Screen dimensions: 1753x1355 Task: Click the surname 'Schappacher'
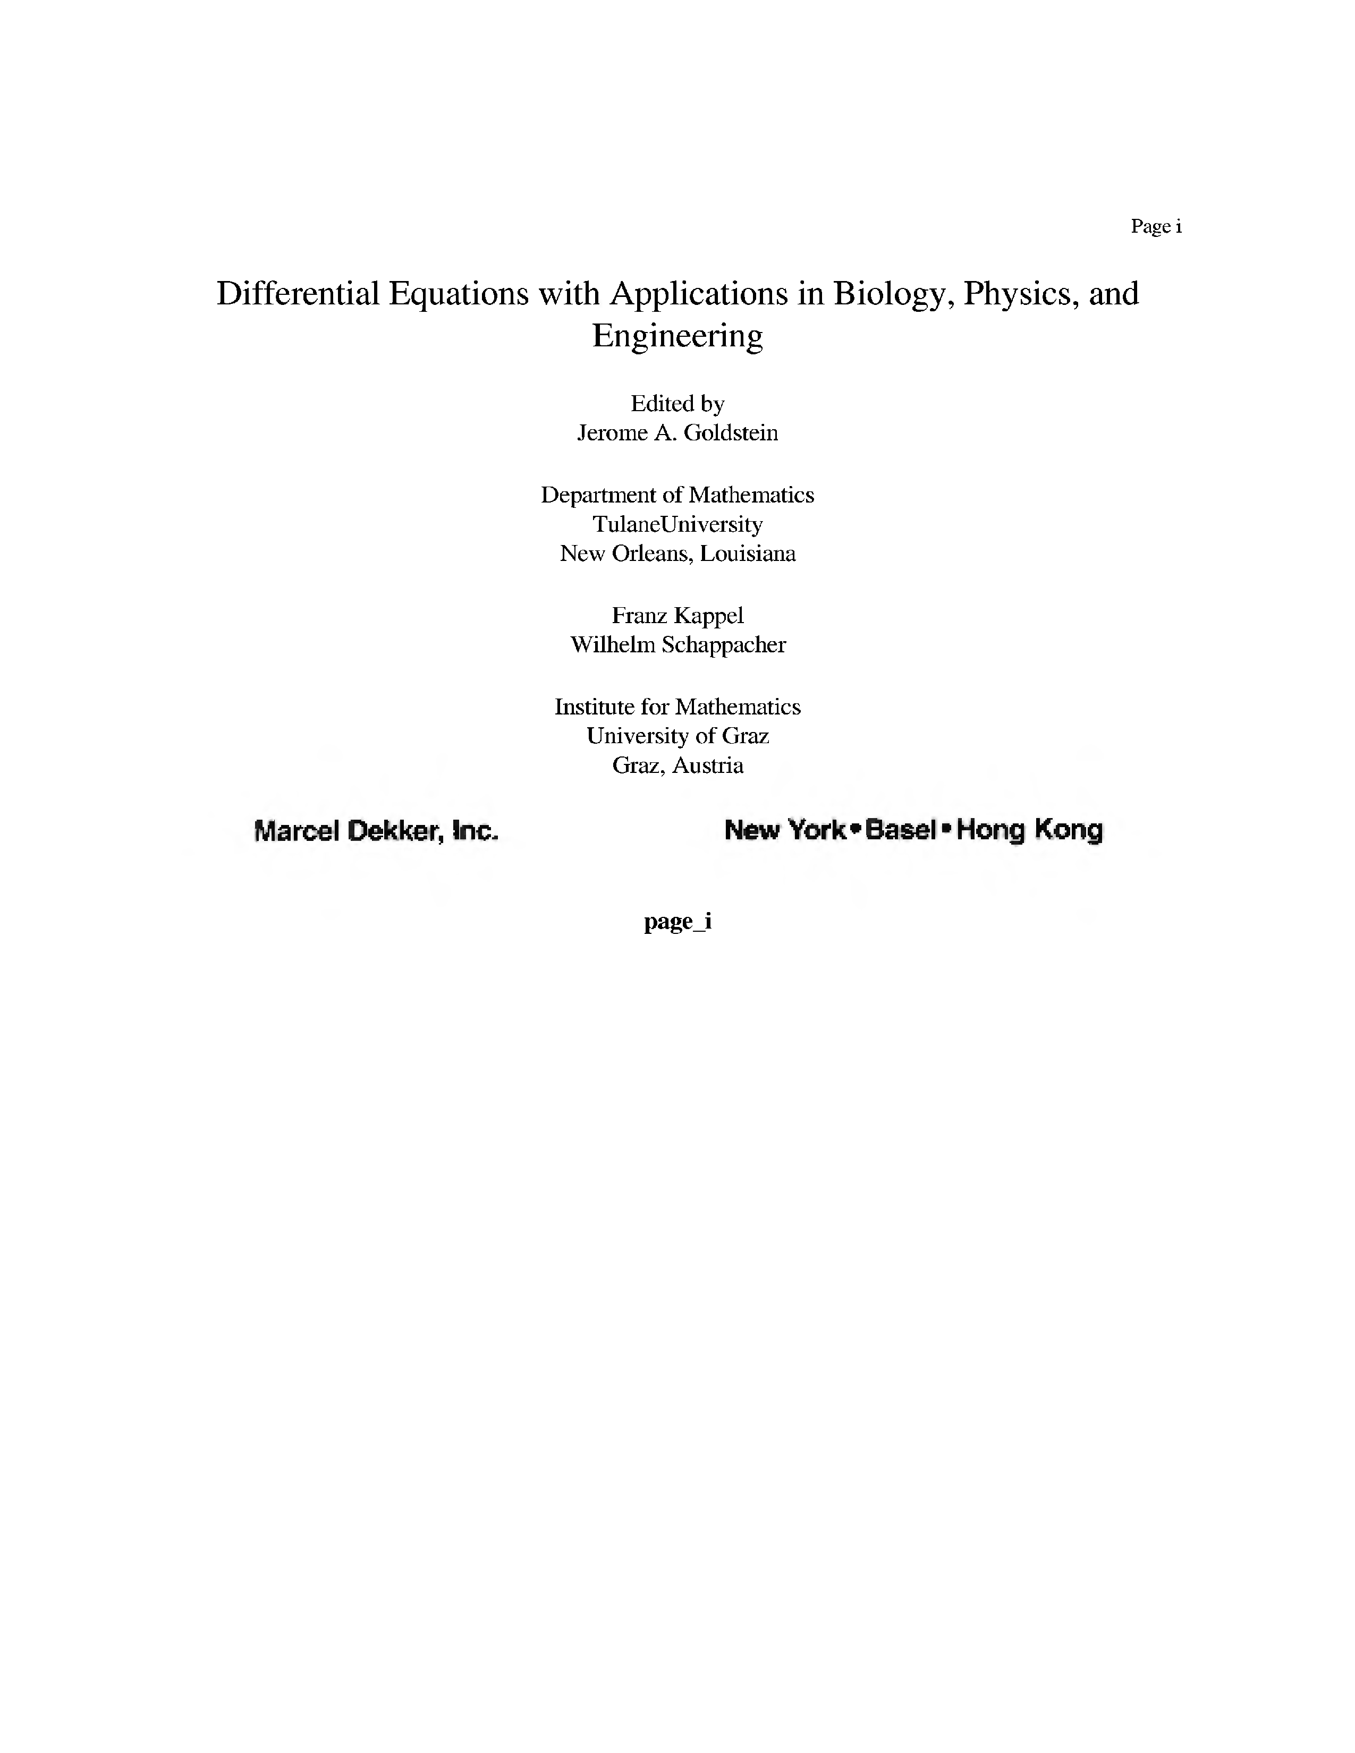click(723, 644)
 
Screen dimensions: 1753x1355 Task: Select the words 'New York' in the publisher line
click(784, 829)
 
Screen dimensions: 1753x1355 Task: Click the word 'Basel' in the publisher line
click(901, 829)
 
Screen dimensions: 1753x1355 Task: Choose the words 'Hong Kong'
click(1029, 829)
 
